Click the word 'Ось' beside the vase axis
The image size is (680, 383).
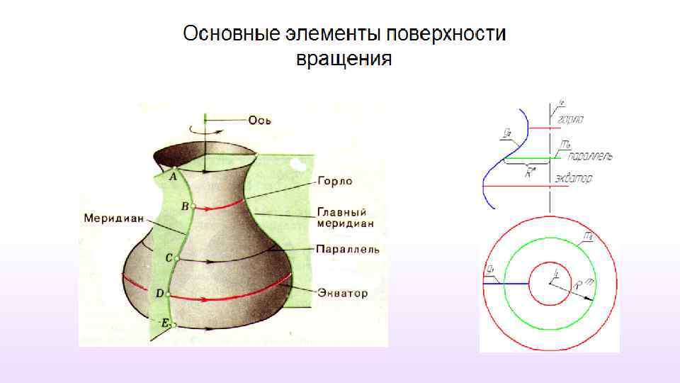pos(259,120)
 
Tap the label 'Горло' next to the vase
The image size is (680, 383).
pos(335,182)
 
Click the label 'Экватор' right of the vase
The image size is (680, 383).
pos(343,292)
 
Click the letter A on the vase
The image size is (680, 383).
pos(172,177)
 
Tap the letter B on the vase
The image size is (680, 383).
pos(185,206)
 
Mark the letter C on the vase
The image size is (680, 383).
pos(169,259)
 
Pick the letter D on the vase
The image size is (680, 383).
pos(159,292)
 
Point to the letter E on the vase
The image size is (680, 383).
pos(164,323)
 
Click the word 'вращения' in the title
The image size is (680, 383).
pos(344,58)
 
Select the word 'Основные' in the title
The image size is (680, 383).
pos(232,33)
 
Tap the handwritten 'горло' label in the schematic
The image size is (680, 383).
pos(570,121)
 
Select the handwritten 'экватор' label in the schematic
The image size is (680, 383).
pos(573,177)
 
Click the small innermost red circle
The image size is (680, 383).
pos(550,283)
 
